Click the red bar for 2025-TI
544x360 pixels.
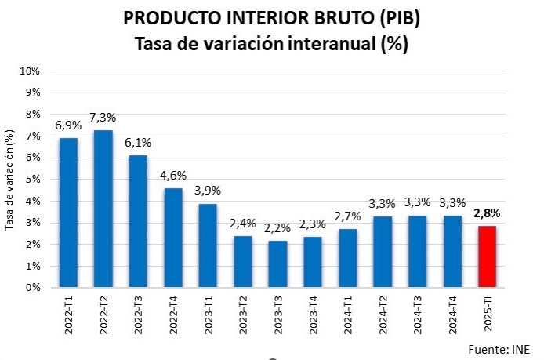point(486,256)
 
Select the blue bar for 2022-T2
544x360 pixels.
point(103,209)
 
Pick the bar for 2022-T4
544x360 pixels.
point(172,238)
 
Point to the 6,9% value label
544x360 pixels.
point(68,125)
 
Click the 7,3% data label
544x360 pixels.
point(103,117)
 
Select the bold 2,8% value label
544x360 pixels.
point(486,213)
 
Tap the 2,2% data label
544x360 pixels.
point(277,228)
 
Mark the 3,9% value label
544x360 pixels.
point(207,191)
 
